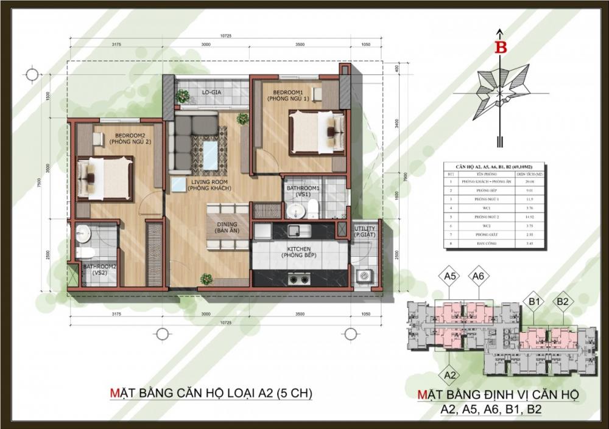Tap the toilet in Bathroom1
[x=312, y=209]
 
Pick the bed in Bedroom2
[x=105, y=178]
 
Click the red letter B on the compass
[x=501, y=48]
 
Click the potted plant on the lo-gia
[x=182, y=96]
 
